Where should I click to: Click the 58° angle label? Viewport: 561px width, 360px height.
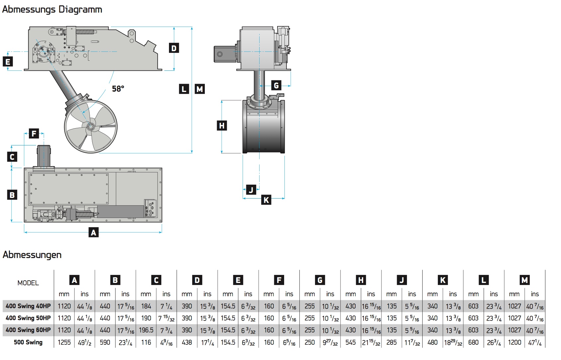click(x=118, y=89)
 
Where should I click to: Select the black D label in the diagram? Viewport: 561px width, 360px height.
click(x=174, y=48)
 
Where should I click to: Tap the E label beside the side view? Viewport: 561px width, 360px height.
click(x=8, y=62)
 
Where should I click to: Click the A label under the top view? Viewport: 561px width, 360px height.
click(x=94, y=232)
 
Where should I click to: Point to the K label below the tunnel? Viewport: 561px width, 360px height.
click(x=266, y=200)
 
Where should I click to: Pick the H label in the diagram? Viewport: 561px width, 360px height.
click(x=222, y=126)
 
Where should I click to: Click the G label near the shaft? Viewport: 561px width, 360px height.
click(x=276, y=85)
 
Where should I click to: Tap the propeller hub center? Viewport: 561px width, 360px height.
click(x=90, y=127)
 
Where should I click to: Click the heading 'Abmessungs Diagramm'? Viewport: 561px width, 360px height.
click(x=52, y=9)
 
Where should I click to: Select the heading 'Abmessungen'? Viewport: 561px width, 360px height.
click(x=32, y=255)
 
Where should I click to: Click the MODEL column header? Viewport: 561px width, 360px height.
click(x=28, y=283)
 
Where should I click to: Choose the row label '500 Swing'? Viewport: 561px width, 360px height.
click(x=28, y=342)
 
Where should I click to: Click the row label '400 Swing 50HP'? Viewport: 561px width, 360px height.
click(x=28, y=318)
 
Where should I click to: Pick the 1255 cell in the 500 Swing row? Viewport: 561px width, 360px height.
click(x=64, y=342)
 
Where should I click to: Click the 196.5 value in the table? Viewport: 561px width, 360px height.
click(x=146, y=330)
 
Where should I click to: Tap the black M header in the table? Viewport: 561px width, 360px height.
click(x=524, y=280)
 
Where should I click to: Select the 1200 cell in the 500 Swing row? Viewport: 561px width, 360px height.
click(x=514, y=342)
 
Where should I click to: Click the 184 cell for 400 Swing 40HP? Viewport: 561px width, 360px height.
click(x=146, y=306)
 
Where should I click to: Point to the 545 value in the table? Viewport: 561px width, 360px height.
click(x=351, y=342)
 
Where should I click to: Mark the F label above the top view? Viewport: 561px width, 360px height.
click(x=34, y=134)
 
